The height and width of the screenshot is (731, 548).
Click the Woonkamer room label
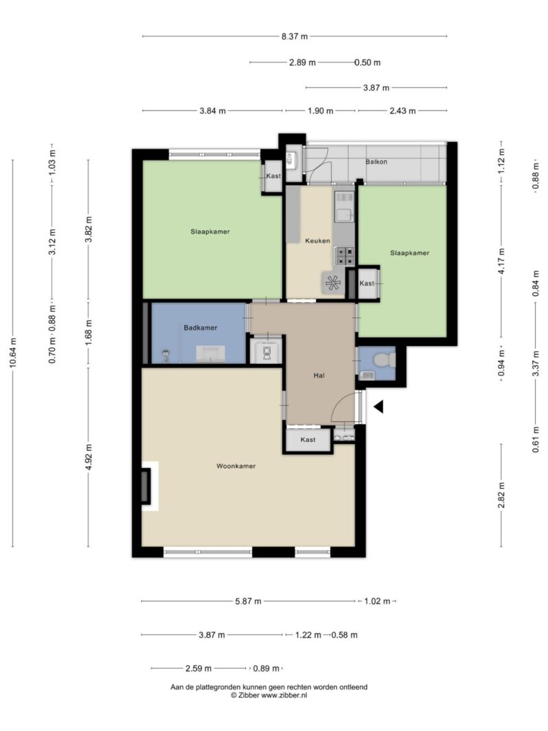[x=236, y=466]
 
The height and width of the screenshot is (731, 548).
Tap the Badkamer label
[x=201, y=327]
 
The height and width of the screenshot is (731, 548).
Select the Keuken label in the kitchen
[x=317, y=241]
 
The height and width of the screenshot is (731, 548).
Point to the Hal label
[x=319, y=375]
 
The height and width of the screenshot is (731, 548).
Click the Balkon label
[x=376, y=162]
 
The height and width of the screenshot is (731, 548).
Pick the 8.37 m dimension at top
[x=295, y=36]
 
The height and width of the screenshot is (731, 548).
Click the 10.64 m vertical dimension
[x=13, y=353]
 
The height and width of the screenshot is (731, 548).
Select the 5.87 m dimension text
[x=248, y=602]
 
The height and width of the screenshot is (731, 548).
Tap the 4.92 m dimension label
[x=88, y=458]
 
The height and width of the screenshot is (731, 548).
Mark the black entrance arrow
[x=379, y=406]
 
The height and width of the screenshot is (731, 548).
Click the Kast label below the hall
[x=308, y=440]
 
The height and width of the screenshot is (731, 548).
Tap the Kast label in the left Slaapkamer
[x=273, y=176]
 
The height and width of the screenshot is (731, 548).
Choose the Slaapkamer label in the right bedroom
[x=410, y=253]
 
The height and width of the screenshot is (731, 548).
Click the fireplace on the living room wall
[x=147, y=486]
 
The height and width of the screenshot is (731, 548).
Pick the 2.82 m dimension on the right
[x=502, y=495]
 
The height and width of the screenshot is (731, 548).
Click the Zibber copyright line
[x=269, y=695]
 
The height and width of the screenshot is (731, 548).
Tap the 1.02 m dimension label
[x=377, y=602]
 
